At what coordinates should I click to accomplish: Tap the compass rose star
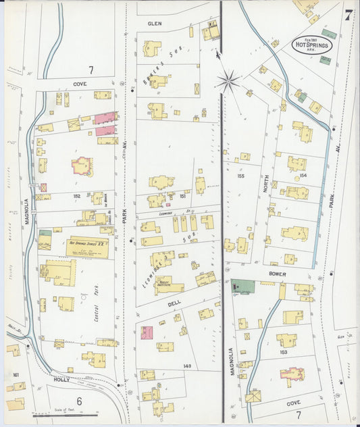(x=229, y=82)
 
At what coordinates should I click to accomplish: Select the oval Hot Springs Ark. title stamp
(x=311, y=45)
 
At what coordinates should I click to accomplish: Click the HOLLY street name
(x=62, y=380)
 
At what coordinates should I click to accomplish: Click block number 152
(x=77, y=197)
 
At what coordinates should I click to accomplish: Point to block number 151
(x=182, y=196)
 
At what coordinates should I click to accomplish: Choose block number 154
(x=302, y=176)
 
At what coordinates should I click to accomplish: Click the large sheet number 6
(x=79, y=401)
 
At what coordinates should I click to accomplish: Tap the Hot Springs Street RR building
(x=86, y=247)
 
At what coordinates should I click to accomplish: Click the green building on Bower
(x=244, y=286)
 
